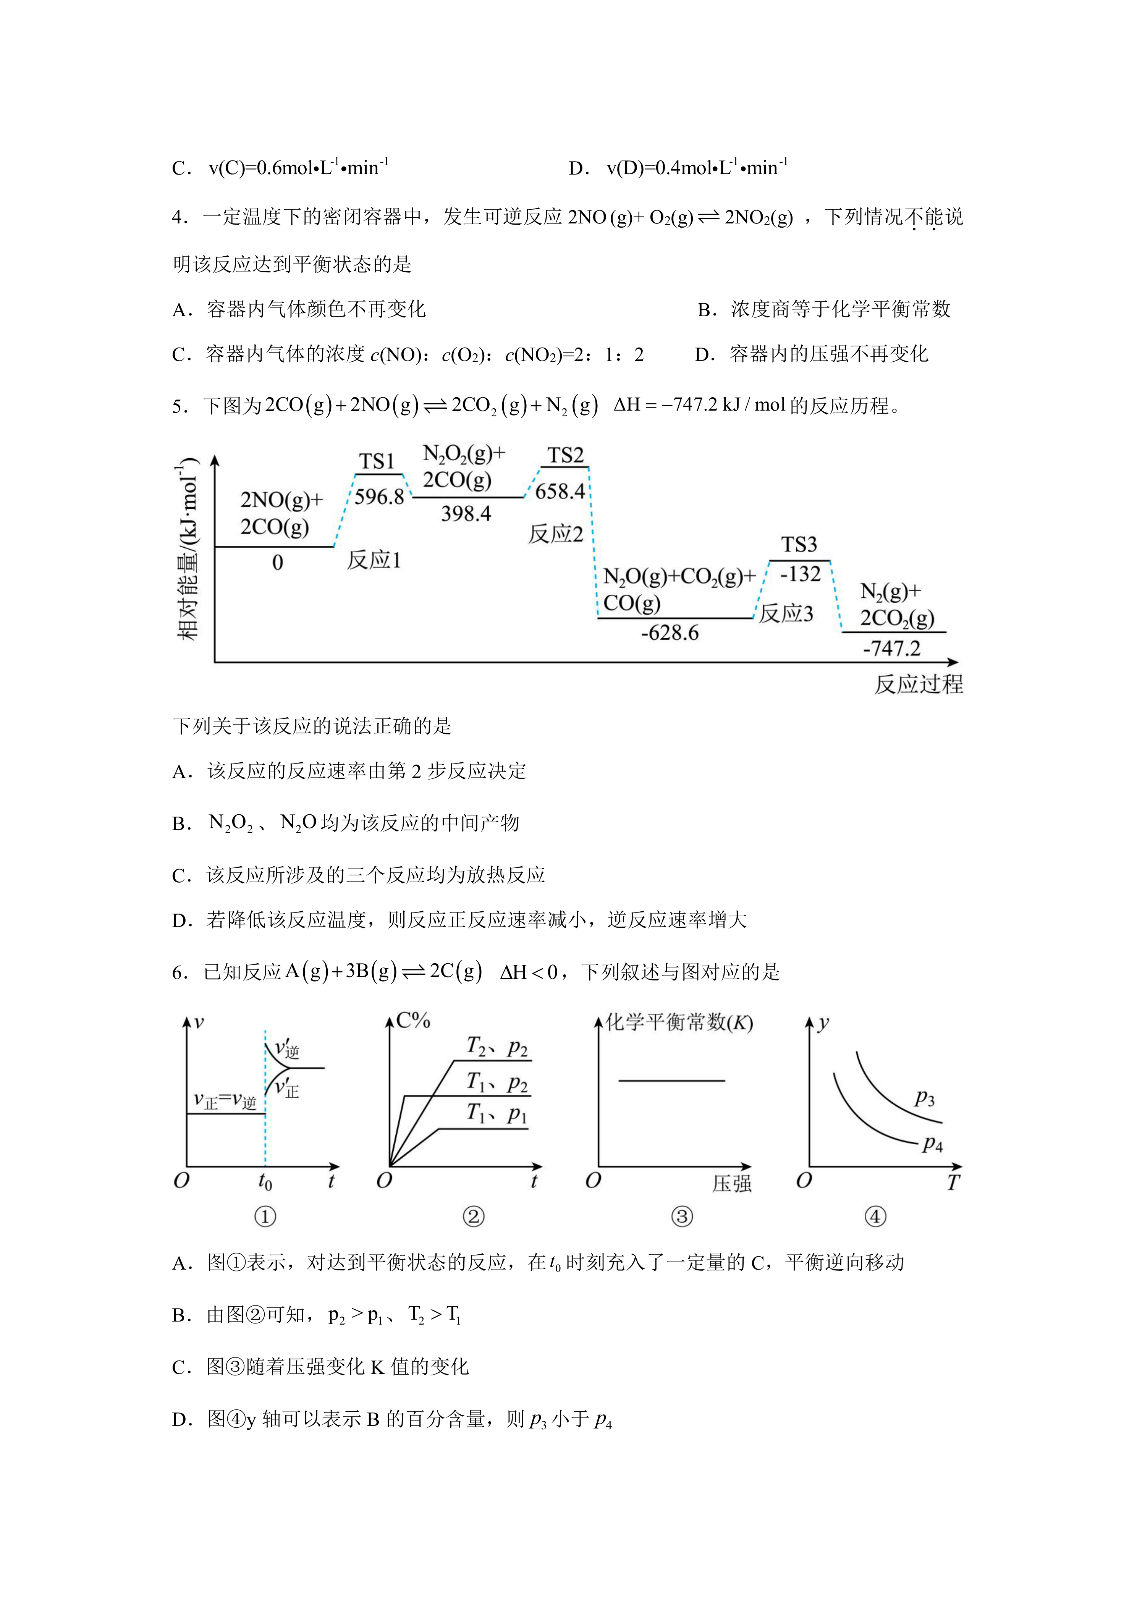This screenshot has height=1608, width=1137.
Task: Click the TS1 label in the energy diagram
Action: (377, 461)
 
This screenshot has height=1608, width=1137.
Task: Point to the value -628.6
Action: (670, 633)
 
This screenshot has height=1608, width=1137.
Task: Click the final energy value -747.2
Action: (891, 649)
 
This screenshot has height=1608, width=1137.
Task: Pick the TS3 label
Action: (799, 545)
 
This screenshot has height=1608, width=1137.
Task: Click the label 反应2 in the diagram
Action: (555, 534)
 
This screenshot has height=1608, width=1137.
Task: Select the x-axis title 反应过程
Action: (919, 684)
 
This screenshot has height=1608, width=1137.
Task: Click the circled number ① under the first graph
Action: (265, 1217)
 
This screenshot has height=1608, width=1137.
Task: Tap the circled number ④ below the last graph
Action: (875, 1217)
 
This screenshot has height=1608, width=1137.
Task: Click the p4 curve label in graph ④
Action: (933, 1144)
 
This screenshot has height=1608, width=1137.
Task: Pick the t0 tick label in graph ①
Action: (265, 1181)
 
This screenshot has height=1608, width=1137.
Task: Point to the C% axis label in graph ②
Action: (413, 1021)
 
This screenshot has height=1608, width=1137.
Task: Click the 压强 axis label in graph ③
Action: (732, 1184)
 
